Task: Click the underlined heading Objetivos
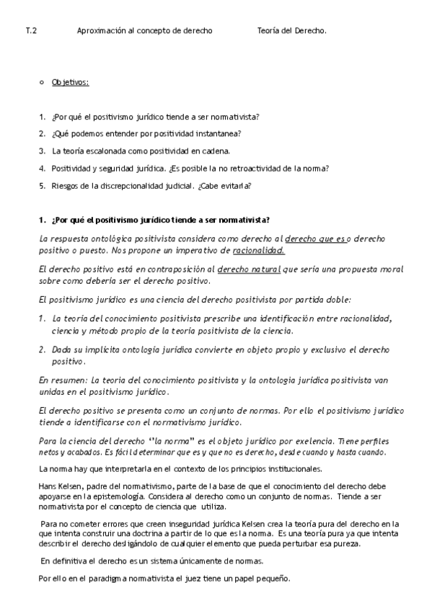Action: tap(70, 83)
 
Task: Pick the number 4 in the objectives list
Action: tap(42, 169)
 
